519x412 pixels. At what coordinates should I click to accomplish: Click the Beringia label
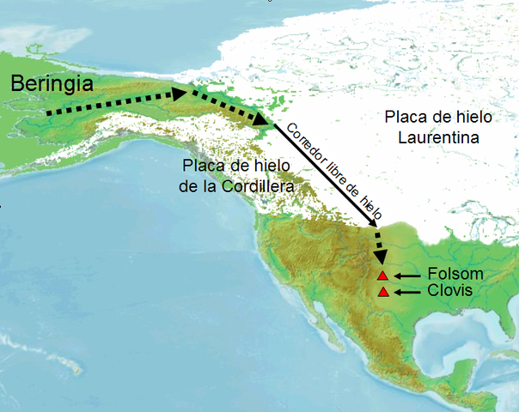[x=54, y=84]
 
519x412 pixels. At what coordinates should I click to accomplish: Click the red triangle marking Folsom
[x=383, y=275]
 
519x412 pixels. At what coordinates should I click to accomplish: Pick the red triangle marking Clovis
[x=383, y=292]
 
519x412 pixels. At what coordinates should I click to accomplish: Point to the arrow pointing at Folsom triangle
[x=408, y=275]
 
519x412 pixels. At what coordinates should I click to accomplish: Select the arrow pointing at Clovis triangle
[x=408, y=292]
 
